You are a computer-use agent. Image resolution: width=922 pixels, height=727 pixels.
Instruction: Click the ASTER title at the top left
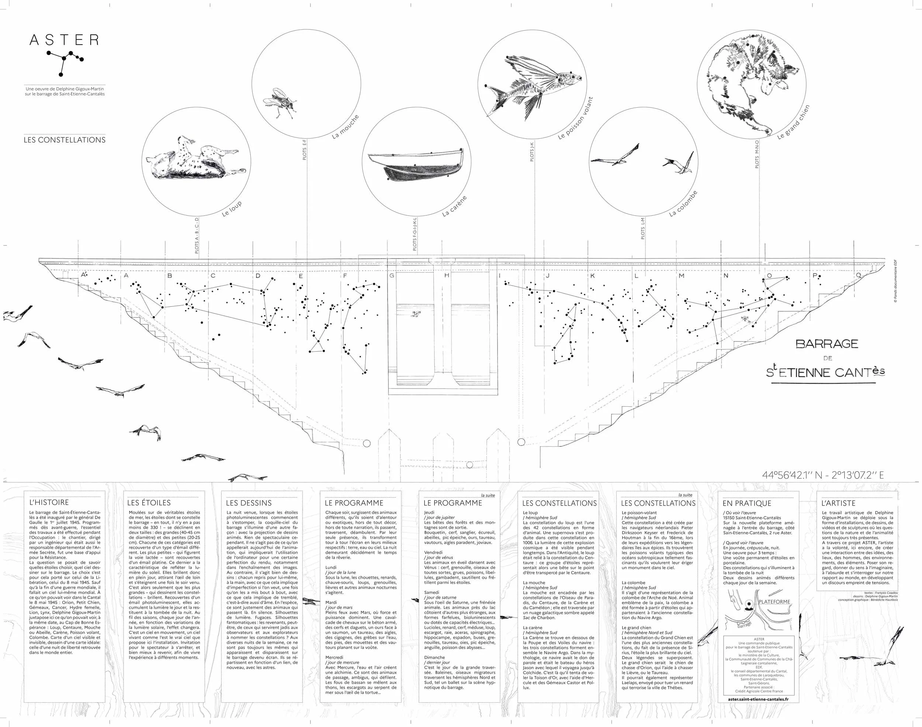[64, 40]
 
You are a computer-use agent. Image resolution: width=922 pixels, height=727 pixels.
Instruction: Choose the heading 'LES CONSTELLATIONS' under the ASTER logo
[64, 140]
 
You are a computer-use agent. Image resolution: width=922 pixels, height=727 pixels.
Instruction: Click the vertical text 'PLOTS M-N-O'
[757, 154]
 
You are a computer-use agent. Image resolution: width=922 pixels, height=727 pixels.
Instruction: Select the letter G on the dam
[391, 276]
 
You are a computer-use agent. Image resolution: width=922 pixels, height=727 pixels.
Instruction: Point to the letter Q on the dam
[858, 275]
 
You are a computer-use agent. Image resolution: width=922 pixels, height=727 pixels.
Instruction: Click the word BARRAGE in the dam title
[826, 344]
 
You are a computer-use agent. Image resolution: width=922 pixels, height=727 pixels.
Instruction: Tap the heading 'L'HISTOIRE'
[49, 503]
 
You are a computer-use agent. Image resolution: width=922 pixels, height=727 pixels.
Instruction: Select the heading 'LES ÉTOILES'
[149, 503]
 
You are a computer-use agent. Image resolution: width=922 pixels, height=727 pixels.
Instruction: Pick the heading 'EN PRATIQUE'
[746, 503]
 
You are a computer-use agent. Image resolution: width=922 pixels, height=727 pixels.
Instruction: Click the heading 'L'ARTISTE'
[838, 503]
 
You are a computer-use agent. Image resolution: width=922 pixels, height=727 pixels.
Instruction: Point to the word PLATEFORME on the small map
[774, 602]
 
